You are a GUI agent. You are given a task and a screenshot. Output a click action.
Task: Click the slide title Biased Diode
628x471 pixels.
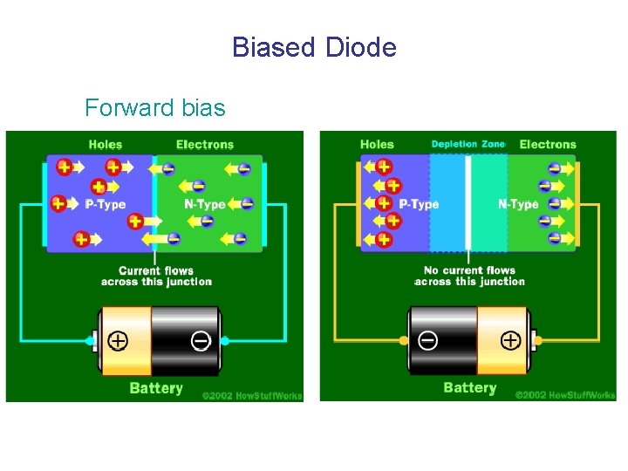tap(314, 46)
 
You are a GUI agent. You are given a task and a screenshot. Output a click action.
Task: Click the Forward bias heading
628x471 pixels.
tap(154, 108)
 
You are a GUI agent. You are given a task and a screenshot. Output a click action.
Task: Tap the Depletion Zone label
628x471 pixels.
tap(468, 144)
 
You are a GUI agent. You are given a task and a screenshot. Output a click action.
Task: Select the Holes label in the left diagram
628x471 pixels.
tap(106, 145)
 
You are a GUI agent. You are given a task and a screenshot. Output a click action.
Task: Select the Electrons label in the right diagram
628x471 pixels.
tap(548, 145)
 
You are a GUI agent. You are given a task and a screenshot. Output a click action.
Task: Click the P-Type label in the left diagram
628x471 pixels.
tap(106, 204)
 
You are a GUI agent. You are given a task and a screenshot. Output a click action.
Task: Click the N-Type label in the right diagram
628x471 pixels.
tap(518, 204)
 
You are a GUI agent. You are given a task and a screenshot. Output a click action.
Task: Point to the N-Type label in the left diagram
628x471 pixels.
tap(205, 204)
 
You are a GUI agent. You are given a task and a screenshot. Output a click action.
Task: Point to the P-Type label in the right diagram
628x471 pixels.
tap(419, 204)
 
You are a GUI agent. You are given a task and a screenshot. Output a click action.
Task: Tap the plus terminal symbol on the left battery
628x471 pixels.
tap(117, 340)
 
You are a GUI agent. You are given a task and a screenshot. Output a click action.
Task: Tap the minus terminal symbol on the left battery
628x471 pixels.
tap(201, 340)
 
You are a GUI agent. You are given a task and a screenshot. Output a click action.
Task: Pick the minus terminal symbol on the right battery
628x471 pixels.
tap(427, 340)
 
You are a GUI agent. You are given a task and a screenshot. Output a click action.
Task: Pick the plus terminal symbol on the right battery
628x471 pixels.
tap(510, 340)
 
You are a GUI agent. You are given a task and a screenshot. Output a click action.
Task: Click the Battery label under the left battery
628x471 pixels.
tap(156, 388)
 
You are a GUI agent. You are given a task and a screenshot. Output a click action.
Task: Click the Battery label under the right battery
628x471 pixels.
tap(469, 388)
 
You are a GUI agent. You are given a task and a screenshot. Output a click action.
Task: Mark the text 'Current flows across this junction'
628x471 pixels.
tap(156, 276)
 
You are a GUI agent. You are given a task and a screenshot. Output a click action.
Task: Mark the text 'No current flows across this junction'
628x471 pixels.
tap(469, 276)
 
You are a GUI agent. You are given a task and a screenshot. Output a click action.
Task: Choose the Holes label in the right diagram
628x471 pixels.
tap(377, 145)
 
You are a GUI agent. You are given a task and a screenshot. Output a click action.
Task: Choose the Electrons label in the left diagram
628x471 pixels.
tap(205, 145)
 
